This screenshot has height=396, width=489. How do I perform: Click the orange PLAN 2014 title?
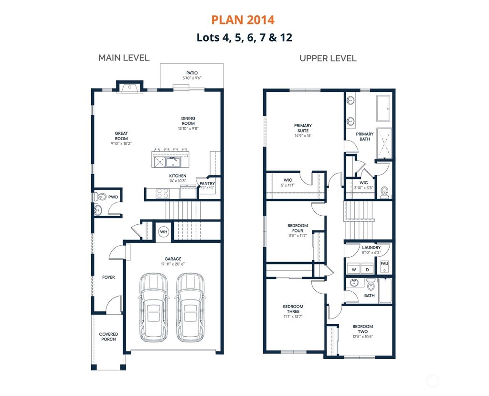243,20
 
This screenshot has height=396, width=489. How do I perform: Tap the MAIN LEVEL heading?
124,58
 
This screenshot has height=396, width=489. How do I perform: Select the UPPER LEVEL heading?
328,58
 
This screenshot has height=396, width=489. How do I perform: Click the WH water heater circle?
163,232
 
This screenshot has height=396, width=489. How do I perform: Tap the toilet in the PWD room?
100,197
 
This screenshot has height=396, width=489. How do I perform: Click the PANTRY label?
207,183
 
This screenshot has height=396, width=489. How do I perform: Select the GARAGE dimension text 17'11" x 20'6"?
173,264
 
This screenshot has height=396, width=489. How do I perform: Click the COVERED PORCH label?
108,337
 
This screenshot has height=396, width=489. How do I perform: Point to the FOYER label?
108,277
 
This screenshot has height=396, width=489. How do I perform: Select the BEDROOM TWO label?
363,329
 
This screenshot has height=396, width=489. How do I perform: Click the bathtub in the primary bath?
384,109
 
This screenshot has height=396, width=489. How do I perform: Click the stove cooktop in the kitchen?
162,193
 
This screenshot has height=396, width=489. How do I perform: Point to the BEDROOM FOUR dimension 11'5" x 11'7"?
298,236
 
